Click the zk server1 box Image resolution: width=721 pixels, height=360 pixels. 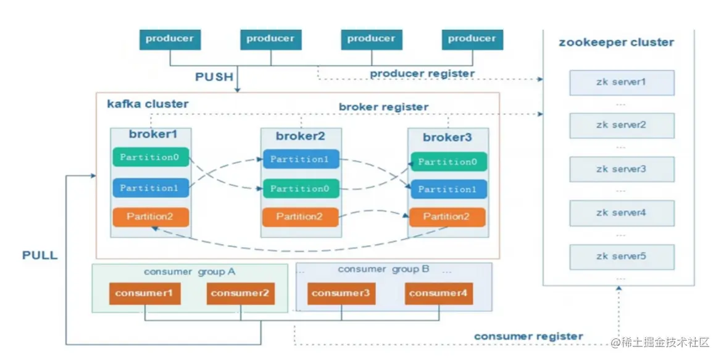pos(621,82)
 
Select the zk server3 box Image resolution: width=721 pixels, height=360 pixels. pos(621,169)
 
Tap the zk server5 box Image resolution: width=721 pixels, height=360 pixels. pos(621,256)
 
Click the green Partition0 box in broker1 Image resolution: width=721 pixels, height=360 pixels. pos(151,157)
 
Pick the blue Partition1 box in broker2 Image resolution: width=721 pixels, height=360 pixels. pos(301,159)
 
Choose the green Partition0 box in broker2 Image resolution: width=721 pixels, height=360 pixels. pos(301,188)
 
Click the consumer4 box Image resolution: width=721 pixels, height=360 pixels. pos(439,293)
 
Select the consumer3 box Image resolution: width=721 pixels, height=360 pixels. pos(341,293)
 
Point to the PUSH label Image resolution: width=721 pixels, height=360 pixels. pos(214,77)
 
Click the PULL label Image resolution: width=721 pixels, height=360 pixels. pos(40,255)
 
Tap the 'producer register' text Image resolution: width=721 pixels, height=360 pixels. pos(422,73)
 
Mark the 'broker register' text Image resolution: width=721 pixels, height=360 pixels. pos(383,107)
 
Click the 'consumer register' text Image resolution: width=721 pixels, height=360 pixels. pos(528,336)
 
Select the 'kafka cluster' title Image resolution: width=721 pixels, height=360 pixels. pos(148,103)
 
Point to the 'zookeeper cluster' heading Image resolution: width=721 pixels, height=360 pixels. pos(616,43)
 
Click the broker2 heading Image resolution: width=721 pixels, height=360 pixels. pos(300,136)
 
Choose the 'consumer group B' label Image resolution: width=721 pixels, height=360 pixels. pos(388,269)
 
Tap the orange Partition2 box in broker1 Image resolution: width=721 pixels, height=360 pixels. pos(151,216)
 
